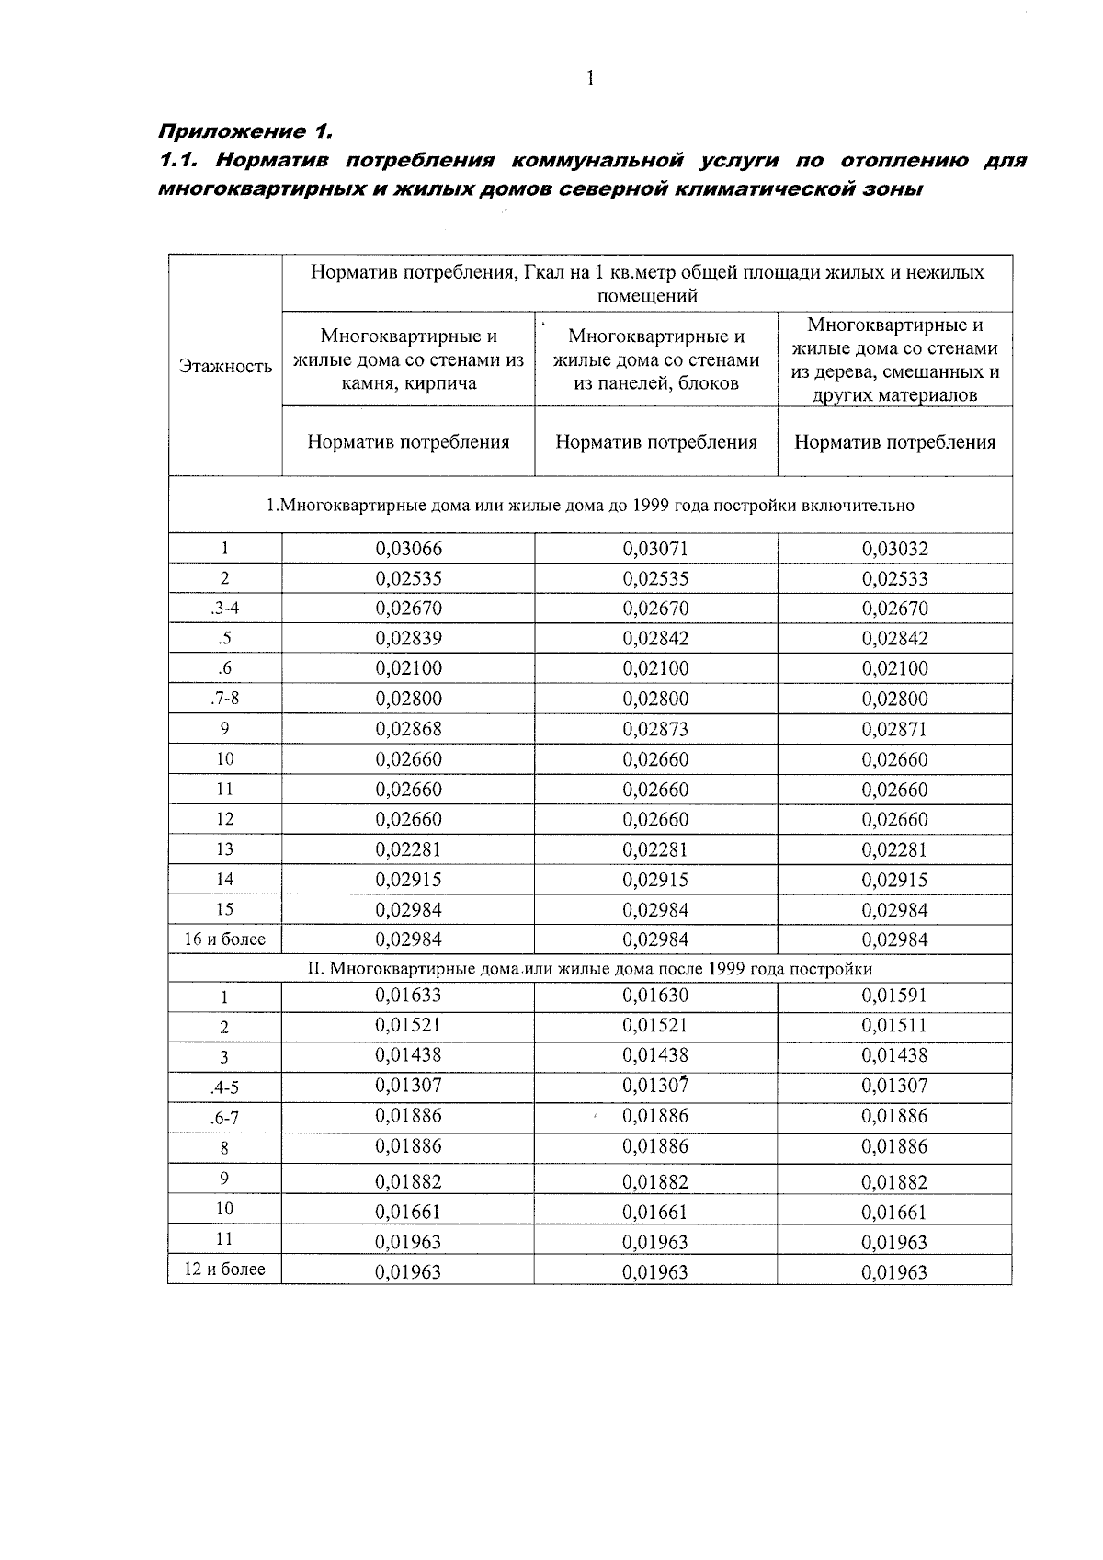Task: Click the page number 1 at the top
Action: (x=590, y=79)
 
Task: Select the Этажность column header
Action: (x=225, y=366)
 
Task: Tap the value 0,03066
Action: (x=408, y=549)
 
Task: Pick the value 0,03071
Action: (x=655, y=549)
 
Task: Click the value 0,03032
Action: (x=894, y=549)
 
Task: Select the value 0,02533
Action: (x=894, y=579)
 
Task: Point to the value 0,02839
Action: (x=408, y=638)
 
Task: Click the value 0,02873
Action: (x=655, y=729)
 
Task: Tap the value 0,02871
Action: (x=894, y=729)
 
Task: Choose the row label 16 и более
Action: (x=224, y=939)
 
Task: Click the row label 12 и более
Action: (x=224, y=1269)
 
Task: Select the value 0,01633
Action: (x=408, y=995)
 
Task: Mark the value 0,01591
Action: (x=894, y=995)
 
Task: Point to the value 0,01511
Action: (x=894, y=1025)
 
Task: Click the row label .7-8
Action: (x=224, y=698)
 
